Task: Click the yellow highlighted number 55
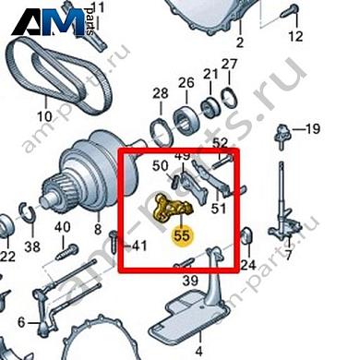[x=183, y=235]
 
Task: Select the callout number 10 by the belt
[x=44, y=117]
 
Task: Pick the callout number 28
[x=161, y=93]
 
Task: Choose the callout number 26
[x=186, y=82]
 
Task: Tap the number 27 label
[x=229, y=64]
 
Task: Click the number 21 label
[x=211, y=74]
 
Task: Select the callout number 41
[x=138, y=246]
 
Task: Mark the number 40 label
[x=63, y=227]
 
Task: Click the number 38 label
[x=32, y=246]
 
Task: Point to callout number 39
[x=190, y=280]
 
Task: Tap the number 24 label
[x=247, y=266]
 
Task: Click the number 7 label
[x=288, y=256]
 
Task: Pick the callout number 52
[x=220, y=142]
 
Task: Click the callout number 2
[x=239, y=42]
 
